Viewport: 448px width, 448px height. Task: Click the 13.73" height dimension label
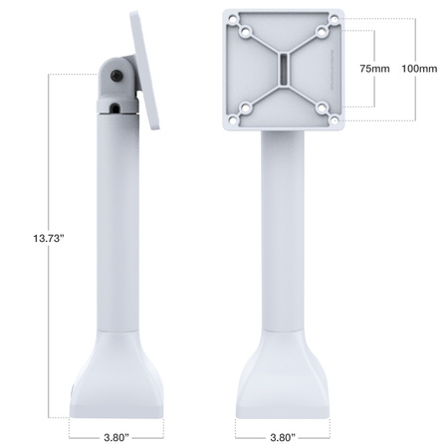point(48,238)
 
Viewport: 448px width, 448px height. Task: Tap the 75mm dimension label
point(373,69)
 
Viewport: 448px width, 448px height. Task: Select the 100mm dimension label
point(417,69)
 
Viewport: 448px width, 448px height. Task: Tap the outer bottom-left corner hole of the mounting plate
point(232,121)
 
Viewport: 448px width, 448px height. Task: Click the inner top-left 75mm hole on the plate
point(244,32)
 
